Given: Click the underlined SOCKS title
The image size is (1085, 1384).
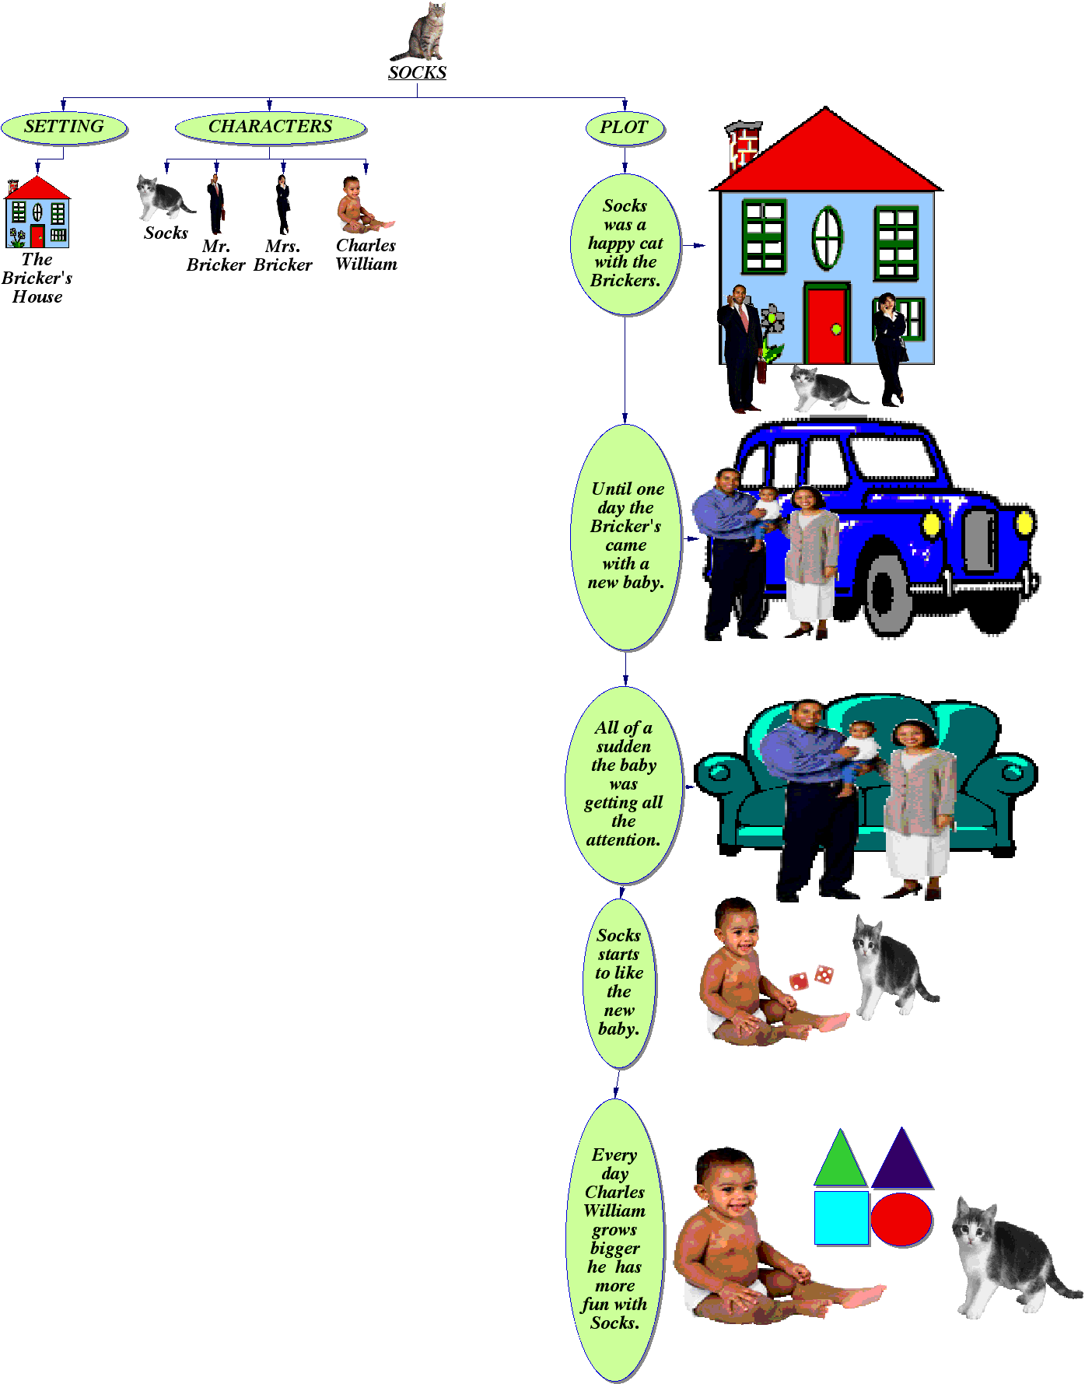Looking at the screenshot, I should (417, 72).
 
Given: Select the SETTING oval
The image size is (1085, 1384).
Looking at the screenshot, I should (64, 128).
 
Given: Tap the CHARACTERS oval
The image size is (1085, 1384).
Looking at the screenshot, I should (270, 128).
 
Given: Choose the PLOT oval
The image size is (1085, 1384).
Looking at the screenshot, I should (624, 128).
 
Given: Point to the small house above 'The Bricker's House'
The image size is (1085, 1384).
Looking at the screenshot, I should (37, 212).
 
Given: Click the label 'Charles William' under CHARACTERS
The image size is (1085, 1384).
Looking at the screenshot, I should (366, 254).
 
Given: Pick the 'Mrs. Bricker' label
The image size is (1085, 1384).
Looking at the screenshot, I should (283, 255).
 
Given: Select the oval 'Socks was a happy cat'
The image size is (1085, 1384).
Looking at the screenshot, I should (625, 244).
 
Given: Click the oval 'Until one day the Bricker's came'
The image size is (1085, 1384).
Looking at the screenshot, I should (626, 536).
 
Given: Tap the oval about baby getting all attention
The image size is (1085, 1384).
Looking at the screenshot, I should (624, 784).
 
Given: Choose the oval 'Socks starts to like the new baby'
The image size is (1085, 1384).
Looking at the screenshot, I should (619, 982).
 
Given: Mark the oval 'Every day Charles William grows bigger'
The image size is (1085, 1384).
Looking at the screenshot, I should (614, 1239).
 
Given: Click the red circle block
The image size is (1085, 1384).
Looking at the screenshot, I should (901, 1219).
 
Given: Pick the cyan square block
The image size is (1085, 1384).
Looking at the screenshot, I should (841, 1218).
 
